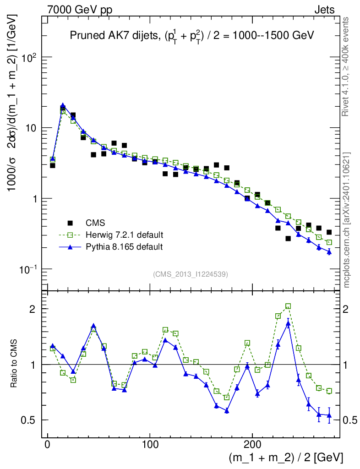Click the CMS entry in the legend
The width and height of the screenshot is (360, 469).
pos(95,223)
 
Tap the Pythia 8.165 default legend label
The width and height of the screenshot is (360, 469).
pos(124,247)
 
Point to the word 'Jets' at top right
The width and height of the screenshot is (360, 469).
pos(324,10)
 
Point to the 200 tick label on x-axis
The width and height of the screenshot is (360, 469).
pos(252,444)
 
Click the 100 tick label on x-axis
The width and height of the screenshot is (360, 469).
pos(150,444)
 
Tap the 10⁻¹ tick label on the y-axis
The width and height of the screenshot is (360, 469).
pos(29,269)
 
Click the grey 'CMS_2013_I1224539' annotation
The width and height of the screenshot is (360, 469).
pos(191,274)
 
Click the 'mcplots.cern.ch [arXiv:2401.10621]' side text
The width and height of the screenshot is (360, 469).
pos(347,220)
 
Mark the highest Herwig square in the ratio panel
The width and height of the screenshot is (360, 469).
pos(288,306)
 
